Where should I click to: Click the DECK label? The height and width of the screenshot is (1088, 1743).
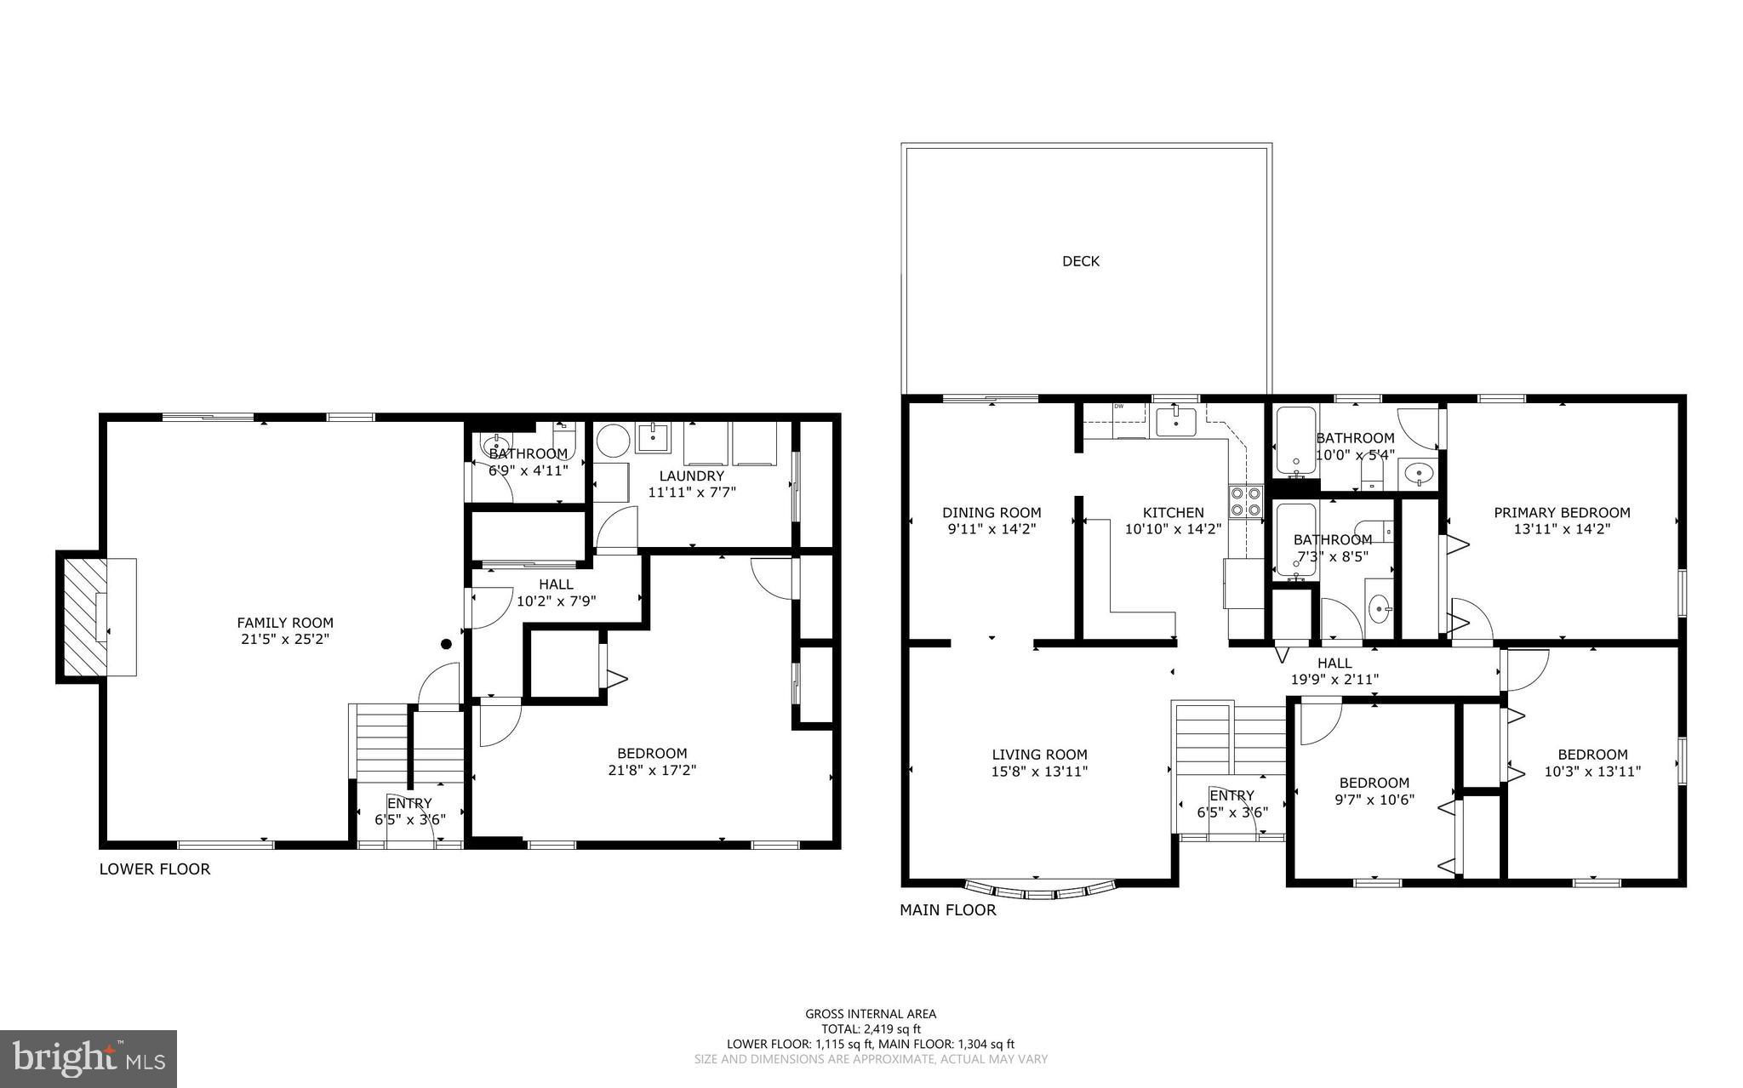point(1081,261)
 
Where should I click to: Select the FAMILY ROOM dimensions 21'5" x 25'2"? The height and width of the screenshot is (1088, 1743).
point(284,639)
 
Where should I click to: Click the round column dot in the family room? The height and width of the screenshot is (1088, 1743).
point(445,644)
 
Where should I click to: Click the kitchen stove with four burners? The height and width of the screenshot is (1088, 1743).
point(1245,501)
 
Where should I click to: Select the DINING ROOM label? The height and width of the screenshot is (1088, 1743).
point(992,512)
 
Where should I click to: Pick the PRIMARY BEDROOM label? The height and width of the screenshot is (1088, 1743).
point(1562,512)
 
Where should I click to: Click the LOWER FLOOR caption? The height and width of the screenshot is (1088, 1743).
point(155,869)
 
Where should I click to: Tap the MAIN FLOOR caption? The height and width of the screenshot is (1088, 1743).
point(948,909)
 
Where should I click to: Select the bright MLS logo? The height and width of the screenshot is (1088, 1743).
point(89,1058)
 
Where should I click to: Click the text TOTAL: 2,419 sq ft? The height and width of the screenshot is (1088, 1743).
point(871,1028)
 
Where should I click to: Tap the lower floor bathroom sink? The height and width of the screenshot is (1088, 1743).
point(492,444)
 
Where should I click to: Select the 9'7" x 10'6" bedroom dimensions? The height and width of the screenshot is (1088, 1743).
point(1374,799)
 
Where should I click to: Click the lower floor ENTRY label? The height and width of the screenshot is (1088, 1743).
point(409,803)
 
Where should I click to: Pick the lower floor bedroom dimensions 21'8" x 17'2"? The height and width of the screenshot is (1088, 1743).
point(652,770)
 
